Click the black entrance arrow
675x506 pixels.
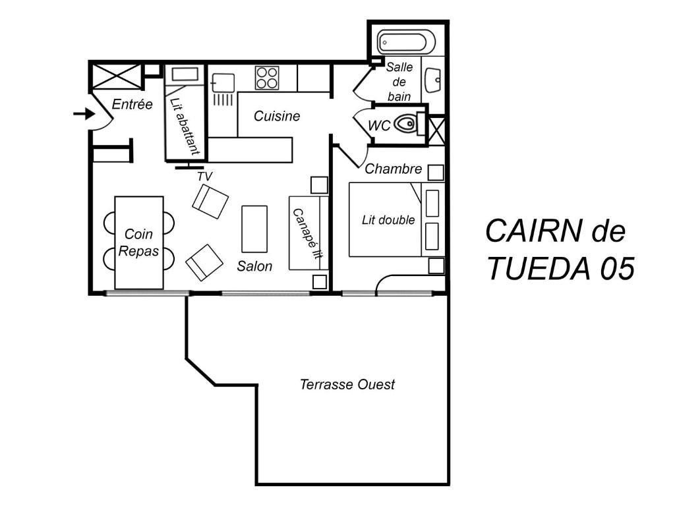coord(84,114)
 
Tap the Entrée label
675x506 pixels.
coord(132,104)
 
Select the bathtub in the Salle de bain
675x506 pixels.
coord(406,42)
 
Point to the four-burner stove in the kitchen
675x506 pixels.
coord(267,78)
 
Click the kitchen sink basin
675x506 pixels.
coord(223,83)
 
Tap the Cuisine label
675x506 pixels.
coord(277,116)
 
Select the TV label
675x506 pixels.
coord(205,177)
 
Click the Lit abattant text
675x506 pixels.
coord(185,126)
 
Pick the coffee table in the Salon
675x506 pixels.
coord(254,229)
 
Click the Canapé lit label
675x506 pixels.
coord(307,234)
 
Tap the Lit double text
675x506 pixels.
coord(388,220)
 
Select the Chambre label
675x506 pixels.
coord(393,169)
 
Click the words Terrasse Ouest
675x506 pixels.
coord(347,384)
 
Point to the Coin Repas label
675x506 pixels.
coord(138,242)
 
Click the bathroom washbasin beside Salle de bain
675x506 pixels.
coord(432,80)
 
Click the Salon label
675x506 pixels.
coord(254,266)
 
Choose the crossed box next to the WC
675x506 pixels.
coord(436,130)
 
